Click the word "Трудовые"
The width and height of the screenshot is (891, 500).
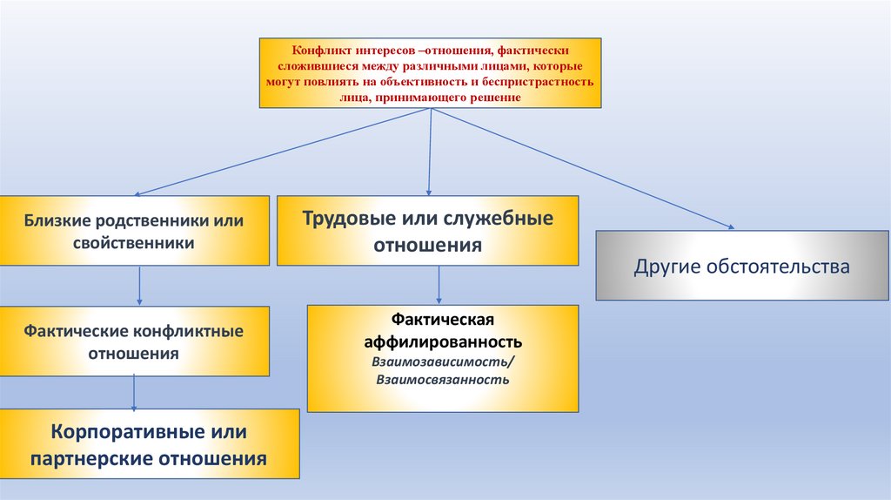click(345, 218)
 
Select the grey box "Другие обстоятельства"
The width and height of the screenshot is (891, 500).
click(741, 266)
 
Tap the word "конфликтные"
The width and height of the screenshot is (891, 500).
click(189, 332)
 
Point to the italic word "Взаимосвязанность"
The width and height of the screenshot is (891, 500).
click(443, 380)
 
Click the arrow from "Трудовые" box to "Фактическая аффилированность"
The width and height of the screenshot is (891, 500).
click(439, 285)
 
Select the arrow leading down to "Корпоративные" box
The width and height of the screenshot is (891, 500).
click(134, 392)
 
